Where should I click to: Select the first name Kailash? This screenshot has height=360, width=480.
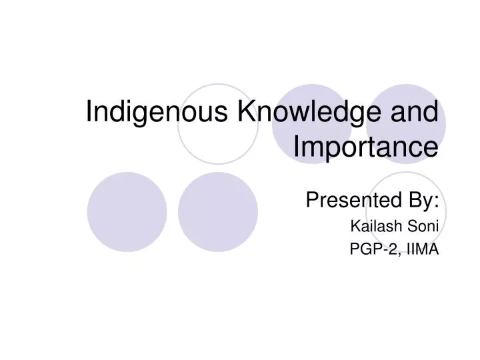(373, 226)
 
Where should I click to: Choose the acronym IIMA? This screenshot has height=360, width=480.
(422, 249)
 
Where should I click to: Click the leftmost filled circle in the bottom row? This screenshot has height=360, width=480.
(127, 211)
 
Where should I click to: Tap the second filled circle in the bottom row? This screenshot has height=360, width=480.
(218, 211)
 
